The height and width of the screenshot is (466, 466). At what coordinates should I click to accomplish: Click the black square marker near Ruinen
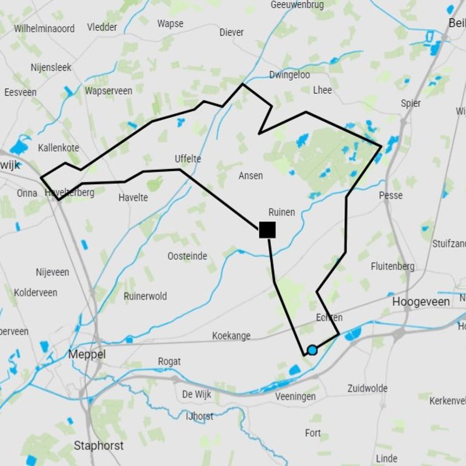click(x=267, y=230)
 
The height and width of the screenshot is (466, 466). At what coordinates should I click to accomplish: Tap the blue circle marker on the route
click(x=312, y=350)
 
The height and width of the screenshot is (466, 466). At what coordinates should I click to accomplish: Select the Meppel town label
click(x=87, y=354)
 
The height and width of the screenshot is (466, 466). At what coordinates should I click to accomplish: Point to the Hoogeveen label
click(x=421, y=302)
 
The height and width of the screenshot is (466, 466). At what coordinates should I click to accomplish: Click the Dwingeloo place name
click(x=290, y=75)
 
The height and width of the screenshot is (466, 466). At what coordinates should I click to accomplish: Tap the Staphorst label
click(x=98, y=446)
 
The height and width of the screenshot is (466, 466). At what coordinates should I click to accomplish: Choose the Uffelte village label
click(x=188, y=158)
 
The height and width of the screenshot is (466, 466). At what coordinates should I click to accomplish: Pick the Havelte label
click(x=133, y=197)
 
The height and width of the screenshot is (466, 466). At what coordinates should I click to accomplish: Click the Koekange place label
click(x=231, y=336)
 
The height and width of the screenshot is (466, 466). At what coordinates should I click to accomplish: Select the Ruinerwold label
click(x=145, y=296)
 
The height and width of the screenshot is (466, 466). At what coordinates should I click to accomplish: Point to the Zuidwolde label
click(x=368, y=388)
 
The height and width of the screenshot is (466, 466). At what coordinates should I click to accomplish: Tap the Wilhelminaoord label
click(x=44, y=28)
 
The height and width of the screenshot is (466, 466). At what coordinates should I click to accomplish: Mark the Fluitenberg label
click(x=393, y=266)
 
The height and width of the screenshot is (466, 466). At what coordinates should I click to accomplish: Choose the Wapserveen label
click(x=108, y=91)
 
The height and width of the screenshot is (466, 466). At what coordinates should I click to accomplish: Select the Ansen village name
click(x=251, y=175)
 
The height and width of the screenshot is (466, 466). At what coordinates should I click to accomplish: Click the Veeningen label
click(x=295, y=397)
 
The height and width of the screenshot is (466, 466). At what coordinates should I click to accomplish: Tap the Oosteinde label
click(x=188, y=256)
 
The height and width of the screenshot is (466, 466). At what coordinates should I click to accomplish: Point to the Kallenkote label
click(x=58, y=147)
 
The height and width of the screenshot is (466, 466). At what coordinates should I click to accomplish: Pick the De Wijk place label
click(x=197, y=394)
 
